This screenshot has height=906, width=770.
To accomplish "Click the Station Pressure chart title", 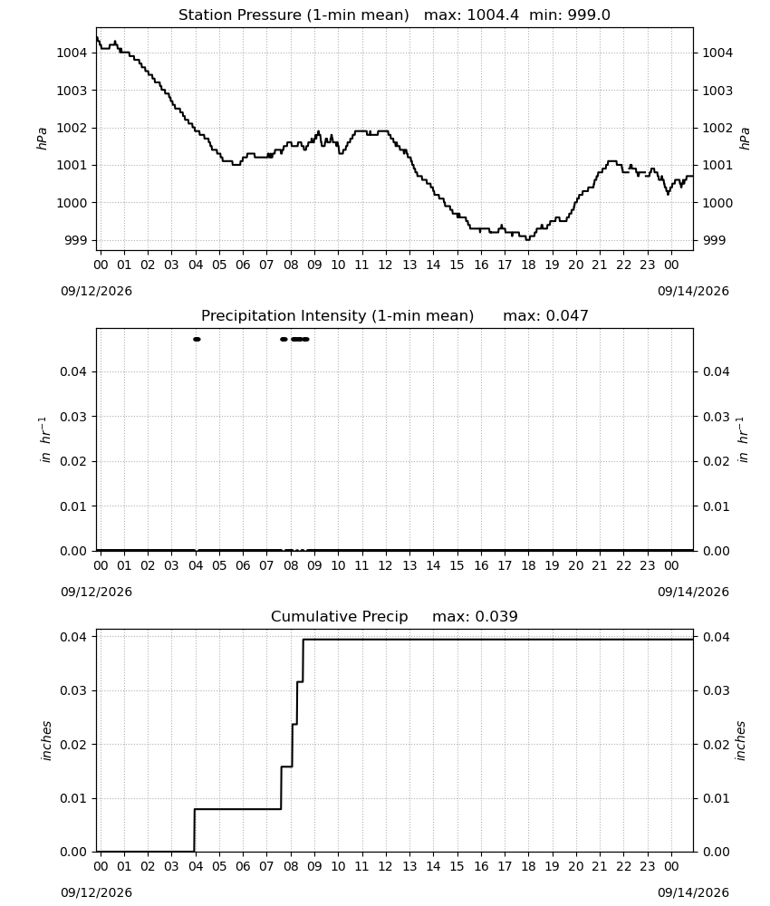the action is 294,15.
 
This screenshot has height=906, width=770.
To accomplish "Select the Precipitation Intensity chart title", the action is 337,316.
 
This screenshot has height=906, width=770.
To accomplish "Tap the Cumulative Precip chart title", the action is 339,616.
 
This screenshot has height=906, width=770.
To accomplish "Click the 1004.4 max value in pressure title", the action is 492,15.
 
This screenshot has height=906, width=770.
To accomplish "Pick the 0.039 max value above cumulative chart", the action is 496,616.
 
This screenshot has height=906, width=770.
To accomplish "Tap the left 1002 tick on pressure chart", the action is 72,129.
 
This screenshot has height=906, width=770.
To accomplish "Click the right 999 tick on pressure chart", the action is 714,240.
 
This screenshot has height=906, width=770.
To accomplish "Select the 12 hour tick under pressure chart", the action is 385,265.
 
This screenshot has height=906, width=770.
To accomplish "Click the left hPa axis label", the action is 42,139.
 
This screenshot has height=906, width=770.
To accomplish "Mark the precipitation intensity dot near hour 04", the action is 197,339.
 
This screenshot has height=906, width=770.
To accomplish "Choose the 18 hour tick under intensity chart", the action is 528,565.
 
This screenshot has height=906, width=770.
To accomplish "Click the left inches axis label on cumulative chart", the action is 46,741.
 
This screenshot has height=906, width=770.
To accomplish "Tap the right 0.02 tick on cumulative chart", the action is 717,745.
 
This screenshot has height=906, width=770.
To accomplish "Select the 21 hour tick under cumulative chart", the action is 600,866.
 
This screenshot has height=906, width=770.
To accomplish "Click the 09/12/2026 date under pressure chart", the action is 96,291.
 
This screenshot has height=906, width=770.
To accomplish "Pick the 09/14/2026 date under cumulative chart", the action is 693,892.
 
